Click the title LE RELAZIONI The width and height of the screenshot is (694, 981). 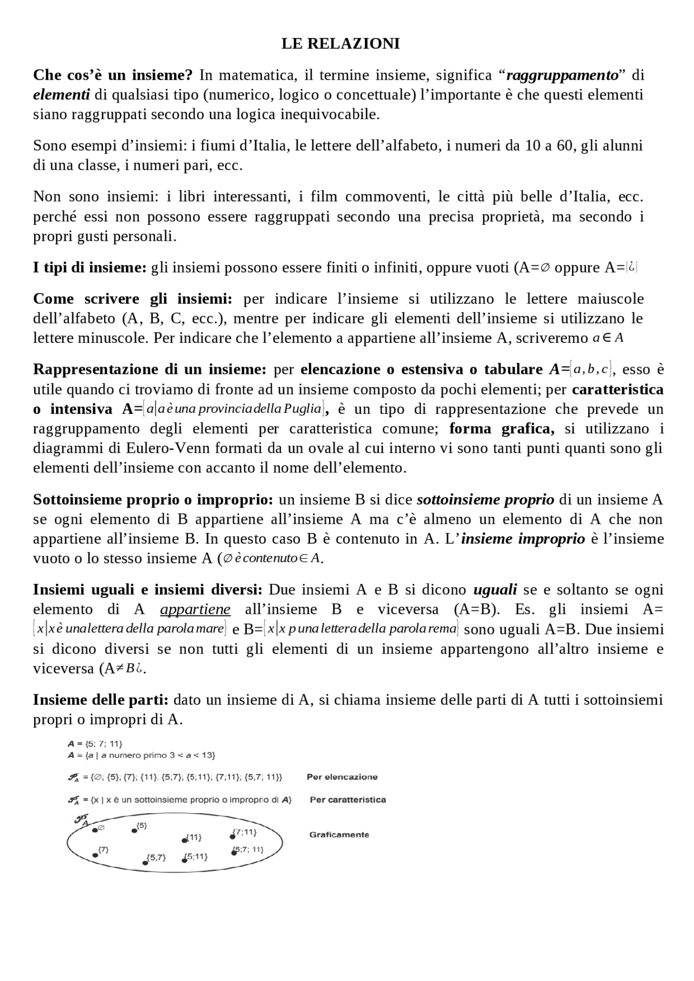tap(340, 44)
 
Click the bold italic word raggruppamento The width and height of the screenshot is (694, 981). tap(562, 75)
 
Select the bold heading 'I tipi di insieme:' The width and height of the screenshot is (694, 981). tap(89, 268)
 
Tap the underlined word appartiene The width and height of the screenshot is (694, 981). tap(195, 609)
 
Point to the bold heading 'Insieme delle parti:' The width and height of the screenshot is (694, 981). tap(100, 700)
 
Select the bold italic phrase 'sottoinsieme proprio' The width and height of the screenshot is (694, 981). tap(485, 499)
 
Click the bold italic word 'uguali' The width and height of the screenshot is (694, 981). tap(495, 589)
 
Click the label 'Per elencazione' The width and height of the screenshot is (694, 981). tap(342, 777)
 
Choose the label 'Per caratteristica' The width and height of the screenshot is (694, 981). tap(348, 800)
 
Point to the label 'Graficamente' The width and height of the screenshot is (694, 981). tap(339, 835)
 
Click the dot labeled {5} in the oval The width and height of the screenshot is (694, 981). tap(134, 830)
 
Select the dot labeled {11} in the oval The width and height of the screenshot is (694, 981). tap(184, 840)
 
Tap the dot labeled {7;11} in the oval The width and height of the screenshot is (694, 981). tap(233, 836)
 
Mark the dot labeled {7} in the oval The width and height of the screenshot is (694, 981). tap(95, 855)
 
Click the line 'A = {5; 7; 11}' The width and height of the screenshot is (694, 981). tap(91, 744)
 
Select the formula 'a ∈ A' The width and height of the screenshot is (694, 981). tap(608, 339)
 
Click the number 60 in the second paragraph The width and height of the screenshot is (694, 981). tap(566, 146)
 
